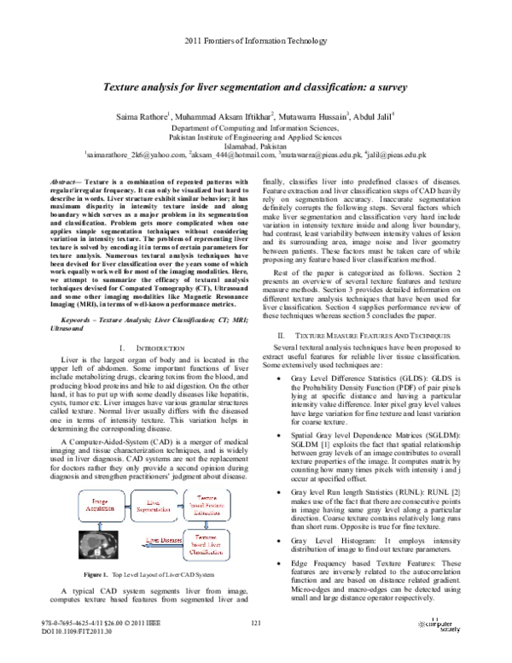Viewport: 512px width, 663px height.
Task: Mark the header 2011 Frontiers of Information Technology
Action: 255,40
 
